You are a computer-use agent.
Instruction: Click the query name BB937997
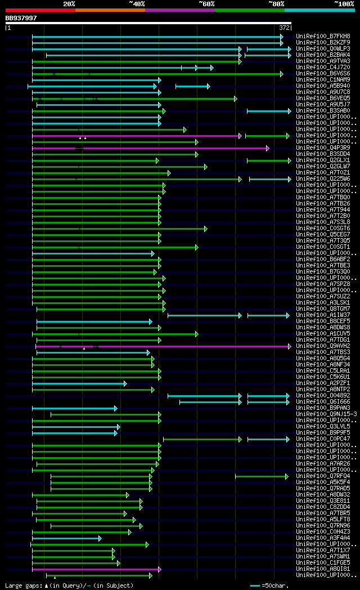(x=21, y=18)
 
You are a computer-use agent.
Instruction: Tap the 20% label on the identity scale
(x=69, y=3)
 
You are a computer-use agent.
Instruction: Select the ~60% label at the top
(x=206, y=3)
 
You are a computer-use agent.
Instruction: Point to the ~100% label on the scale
(x=344, y=3)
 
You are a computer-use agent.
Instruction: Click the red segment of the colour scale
(x=40, y=10)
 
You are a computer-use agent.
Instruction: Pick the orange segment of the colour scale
(x=110, y=10)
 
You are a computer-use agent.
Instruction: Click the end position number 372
(x=284, y=27)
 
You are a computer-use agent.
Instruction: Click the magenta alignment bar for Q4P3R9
(x=169, y=148)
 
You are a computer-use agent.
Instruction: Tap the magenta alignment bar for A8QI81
(x=96, y=569)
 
